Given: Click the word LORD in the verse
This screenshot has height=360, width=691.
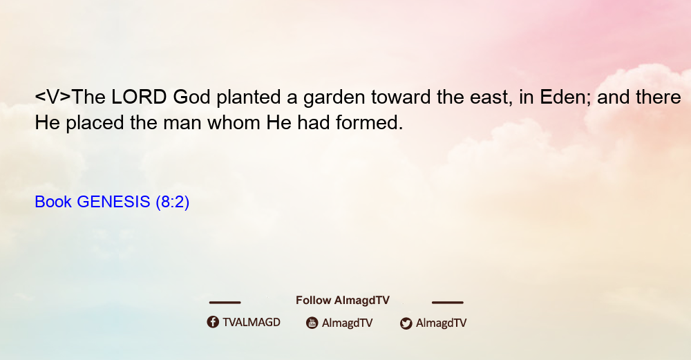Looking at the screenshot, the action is coord(139,97).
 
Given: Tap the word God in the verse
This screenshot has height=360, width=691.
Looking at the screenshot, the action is coord(191,97).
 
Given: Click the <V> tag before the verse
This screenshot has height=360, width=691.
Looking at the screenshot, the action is coord(53,97).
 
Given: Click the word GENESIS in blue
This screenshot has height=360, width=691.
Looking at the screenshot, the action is coord(113,202).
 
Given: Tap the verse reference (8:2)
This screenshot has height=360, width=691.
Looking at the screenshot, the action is coord(172,202).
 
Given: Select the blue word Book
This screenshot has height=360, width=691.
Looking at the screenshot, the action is coord(53,202).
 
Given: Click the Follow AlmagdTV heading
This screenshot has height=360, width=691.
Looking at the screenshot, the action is coord(343,301).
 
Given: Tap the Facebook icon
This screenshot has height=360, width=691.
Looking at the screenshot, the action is coord(213,322).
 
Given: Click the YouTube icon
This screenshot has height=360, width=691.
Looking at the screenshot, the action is coord(312,323).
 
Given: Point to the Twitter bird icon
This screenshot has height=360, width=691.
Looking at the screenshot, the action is coord(406,323).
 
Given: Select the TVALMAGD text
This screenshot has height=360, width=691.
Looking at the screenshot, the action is coord(252,323).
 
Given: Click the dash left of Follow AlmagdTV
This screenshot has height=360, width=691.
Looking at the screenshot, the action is coord(225,303).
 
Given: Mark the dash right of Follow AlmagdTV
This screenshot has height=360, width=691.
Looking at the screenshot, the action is coord(448,303).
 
